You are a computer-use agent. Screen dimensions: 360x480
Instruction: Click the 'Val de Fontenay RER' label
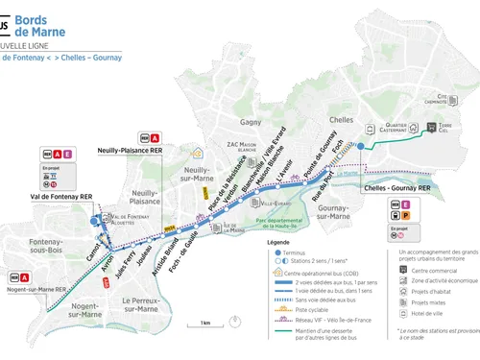[x=60, y=197]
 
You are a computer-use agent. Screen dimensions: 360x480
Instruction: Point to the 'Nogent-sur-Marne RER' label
[x=34, y=288]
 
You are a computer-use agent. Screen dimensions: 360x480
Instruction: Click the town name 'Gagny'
[x=252, y=124]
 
